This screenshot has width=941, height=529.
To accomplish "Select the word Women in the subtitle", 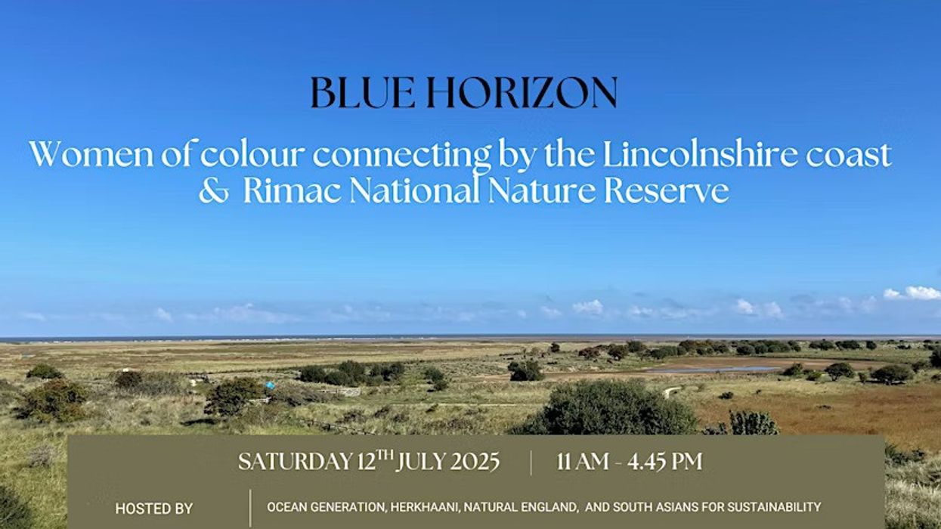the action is click(91, 154).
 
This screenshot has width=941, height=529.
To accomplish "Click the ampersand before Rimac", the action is click(214, 192).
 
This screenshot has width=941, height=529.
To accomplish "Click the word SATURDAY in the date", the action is click(295, 462).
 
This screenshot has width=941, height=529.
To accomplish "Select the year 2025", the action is click(475, 462).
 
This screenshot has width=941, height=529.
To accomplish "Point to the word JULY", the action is click(421, 462).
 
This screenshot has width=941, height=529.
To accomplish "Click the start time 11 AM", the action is click(583, 462).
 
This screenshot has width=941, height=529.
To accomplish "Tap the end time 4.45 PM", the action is click(664, 462).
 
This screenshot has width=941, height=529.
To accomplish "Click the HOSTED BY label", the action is click(153, 509).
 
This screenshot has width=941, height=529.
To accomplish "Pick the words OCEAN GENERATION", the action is click(327, 507).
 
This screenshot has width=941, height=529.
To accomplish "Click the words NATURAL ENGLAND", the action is click(521, 507).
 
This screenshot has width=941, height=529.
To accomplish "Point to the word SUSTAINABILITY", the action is click(774, 507).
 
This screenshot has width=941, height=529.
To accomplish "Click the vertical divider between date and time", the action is click(531, 462).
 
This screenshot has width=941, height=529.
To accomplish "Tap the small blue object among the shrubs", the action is click(271, 385).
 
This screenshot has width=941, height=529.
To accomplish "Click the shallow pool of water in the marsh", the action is click(714, 370).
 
